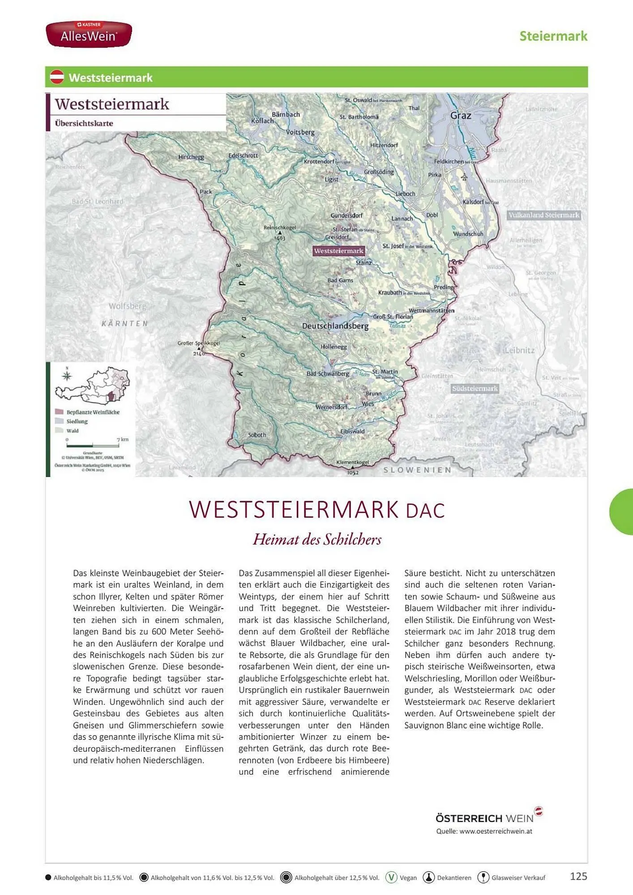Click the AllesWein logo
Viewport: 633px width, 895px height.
(x=89, y=34)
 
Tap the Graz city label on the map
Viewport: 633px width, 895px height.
(x=461, y=115)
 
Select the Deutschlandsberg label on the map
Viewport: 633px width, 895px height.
(x=335, y=326)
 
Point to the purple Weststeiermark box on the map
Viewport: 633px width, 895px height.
(x=338, y=251)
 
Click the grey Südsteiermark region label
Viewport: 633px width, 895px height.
(x=475, y=388)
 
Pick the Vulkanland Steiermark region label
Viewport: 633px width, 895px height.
(x=544, y=215)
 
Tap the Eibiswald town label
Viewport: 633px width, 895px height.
(x=352, y=431)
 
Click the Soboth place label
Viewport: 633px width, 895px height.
(x=257, y=435)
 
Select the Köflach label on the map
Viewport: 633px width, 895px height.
(x=262, y=121)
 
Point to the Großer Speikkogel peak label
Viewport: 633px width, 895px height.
(x=198, y=343)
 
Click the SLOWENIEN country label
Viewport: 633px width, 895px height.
(x=417, y=470)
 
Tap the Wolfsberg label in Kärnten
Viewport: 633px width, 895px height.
(x=127, y=306)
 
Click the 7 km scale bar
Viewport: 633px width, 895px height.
(x=93, y=446)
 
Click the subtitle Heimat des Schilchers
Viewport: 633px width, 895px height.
(x=317, y=539)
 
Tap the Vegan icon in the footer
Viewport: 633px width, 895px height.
(x=391, y=878)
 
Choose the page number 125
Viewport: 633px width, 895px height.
(x=578, y=876)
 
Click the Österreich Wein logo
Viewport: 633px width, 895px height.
(x=488, y=818)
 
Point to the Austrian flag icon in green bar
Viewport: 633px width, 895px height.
(x=57, y=77)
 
